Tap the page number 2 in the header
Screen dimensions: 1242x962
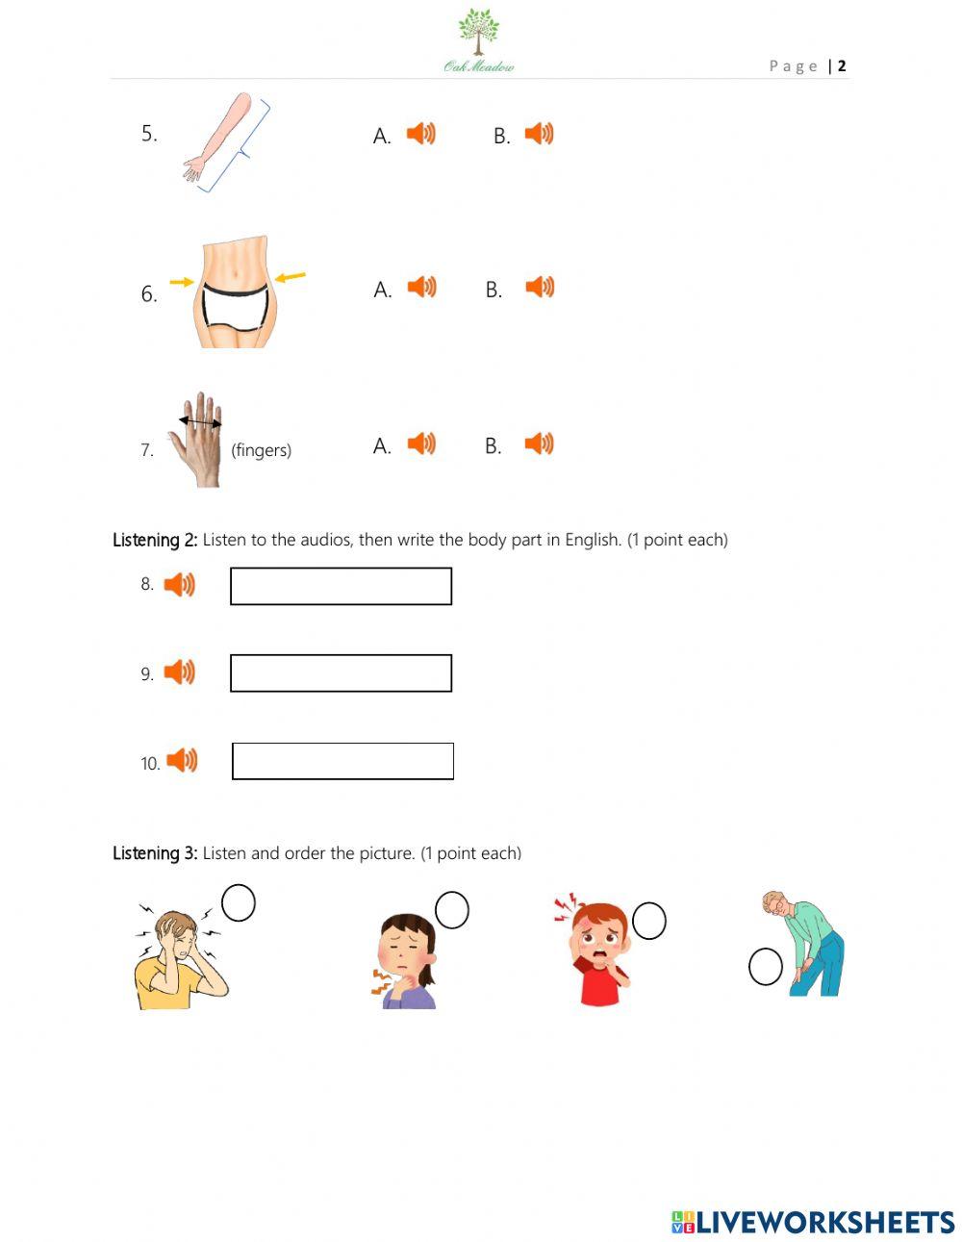tap(842, 65)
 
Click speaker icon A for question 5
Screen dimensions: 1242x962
tap(420, 134)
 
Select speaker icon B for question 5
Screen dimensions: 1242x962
tap(539, 134)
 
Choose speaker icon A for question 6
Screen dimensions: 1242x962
tap(421, 287)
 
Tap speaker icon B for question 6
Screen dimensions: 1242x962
tap(540, 287)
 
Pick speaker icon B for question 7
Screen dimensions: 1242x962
tap(539, 444)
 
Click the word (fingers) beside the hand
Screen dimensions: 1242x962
tap(261, 450)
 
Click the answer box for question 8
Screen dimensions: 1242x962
tap(341, 586)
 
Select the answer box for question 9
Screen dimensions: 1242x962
tap(341, 673)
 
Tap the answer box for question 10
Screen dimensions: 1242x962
tap(342, 761)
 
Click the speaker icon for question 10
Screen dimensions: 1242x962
tap(182, 761)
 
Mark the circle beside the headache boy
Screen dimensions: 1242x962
tap(239, 903)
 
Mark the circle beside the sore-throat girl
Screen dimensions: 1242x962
tap(452, 910)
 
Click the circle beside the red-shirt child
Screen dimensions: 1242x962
tap(649, 921)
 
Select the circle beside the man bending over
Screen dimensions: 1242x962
tap(766, 967)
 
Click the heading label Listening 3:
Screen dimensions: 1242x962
tap(155, 853)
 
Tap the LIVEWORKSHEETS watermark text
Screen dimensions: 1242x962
tap(824, 1222)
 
